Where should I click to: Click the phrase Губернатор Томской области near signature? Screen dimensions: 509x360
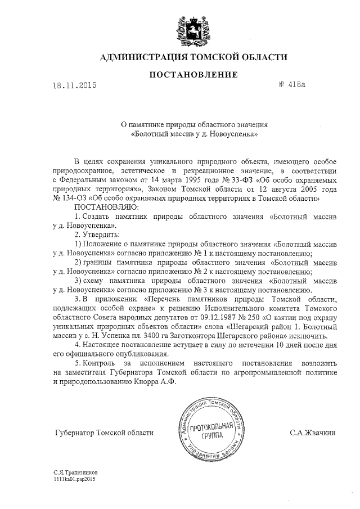[104, 433]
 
